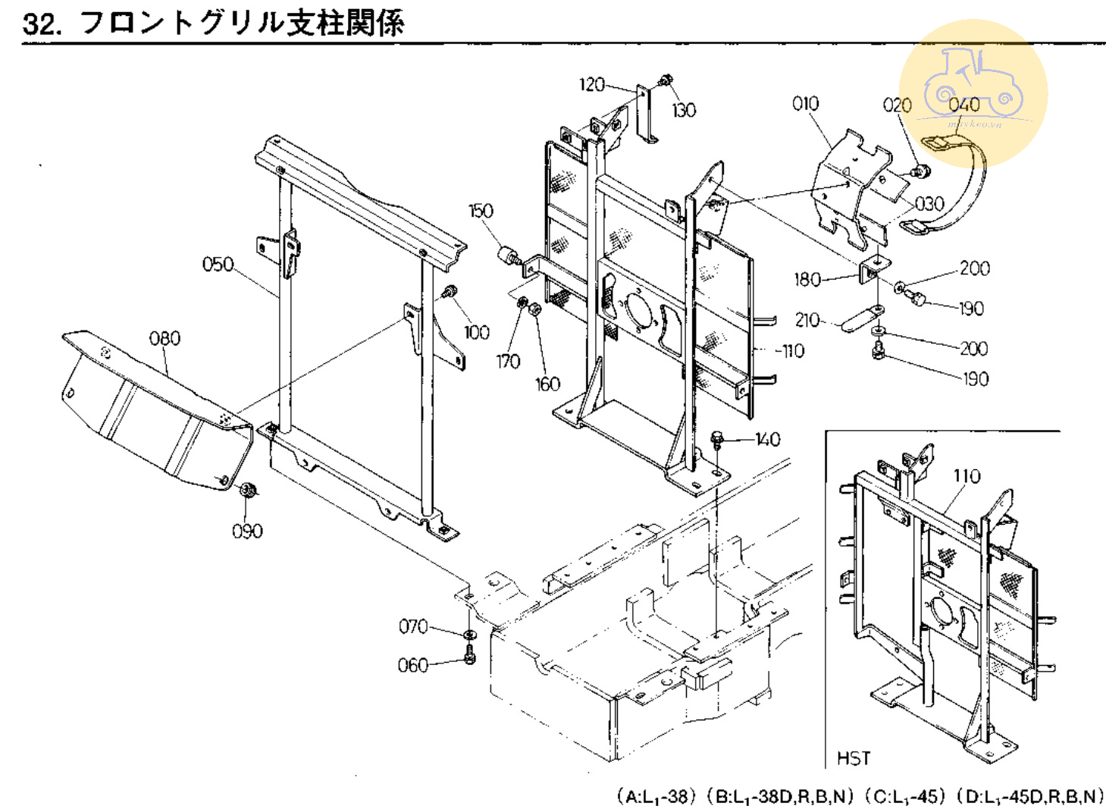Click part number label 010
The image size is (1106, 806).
point(805,103)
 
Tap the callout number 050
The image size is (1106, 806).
point(218,264)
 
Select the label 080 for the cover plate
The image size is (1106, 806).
point(164,338)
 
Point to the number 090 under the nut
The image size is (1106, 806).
point(247,531)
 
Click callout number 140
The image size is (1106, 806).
point(767,439)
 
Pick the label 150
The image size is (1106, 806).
point(481,211)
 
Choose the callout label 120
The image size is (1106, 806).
point(591,84)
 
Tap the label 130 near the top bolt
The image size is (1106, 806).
point(684,111)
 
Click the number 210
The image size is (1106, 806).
point(807,320)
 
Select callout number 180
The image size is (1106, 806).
point(807,280)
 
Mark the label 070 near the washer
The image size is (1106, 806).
point(413,626)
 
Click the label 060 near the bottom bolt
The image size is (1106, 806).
point(413,665)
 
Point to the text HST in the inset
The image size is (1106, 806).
point(854,758)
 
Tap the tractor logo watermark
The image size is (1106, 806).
point(973,91)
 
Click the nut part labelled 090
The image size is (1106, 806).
point(247,491)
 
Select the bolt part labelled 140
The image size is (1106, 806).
point(717,440)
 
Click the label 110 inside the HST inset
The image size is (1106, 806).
point(967,476)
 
